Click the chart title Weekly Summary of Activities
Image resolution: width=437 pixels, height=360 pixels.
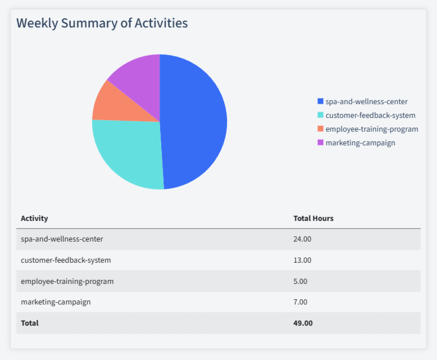pos(102,23)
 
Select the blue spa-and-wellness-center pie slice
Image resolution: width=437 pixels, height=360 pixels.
pos(194,120)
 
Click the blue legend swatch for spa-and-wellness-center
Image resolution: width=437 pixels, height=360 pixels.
pos(320,101)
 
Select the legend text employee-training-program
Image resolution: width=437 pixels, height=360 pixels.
pos(372,129)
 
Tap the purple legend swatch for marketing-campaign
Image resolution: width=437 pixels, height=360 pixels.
pos(320,143)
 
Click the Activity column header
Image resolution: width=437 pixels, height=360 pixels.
pos(34,218)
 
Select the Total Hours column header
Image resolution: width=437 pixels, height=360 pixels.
pos(313,218)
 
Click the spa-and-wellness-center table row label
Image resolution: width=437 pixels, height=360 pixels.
pos(62,239)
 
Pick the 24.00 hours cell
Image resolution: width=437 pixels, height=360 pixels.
pos(302,239)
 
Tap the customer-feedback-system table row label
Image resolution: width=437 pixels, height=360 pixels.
pos(66,260)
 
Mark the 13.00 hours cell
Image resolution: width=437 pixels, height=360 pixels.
pos(302,260)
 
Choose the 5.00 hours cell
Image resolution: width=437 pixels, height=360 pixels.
pos(300,281)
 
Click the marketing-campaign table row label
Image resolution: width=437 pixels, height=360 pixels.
pos(55,302)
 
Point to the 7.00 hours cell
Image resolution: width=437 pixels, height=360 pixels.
pos(300,302)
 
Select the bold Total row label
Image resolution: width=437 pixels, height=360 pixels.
pos(30,323)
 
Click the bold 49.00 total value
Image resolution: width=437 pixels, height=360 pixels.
pos(303,323)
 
